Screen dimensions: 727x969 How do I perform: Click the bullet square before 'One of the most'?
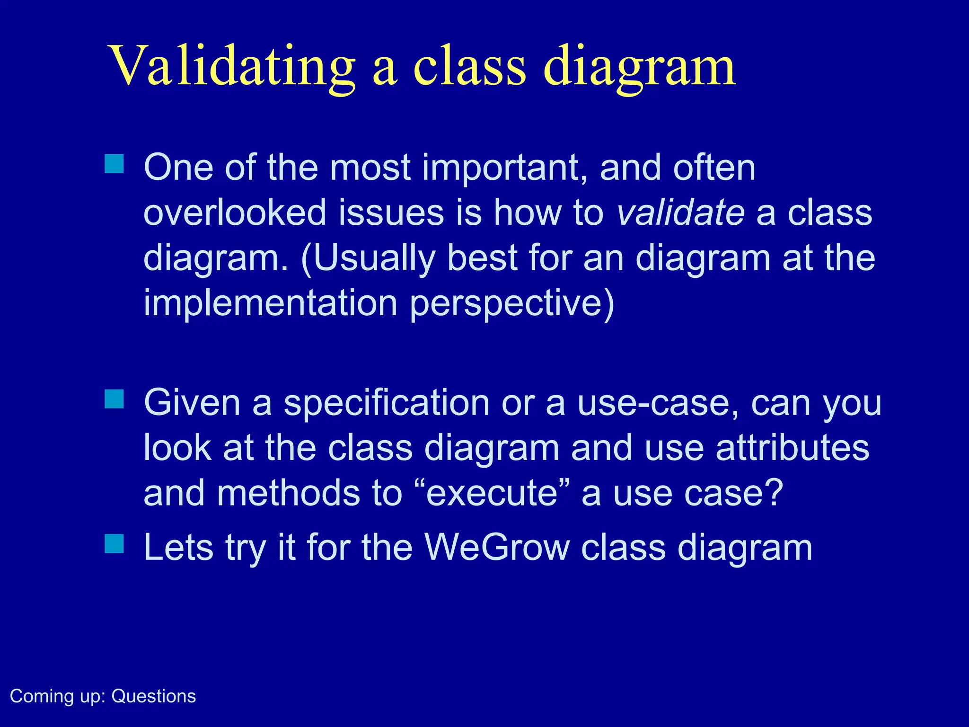point(114,164)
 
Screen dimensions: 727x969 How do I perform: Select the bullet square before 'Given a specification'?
point(114,399)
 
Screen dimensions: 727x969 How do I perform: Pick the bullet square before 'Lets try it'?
point(114,543)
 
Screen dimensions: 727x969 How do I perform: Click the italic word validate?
point(681,213)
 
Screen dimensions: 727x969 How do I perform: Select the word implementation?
point(270,303)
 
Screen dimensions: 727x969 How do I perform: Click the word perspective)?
point(512,303)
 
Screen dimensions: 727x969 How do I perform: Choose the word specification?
point(387,403)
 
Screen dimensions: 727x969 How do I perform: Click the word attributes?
point(792,448)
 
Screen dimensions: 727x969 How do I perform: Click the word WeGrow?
point(497,548)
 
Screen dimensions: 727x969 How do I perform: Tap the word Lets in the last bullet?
point(178,548)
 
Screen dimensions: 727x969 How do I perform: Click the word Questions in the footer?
point(153,696)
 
